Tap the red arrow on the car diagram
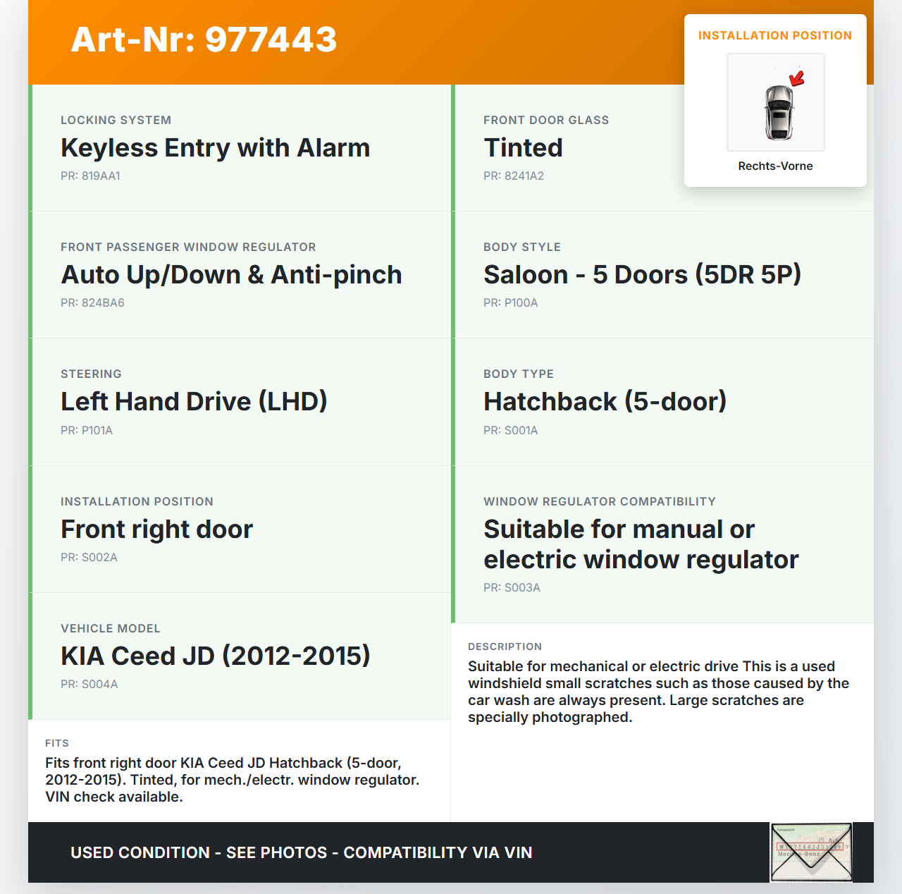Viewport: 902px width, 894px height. (797, 78)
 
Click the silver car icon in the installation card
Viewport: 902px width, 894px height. (778, 111)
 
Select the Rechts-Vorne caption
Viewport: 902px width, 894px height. (775, 166)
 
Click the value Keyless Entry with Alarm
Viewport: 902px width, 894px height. (215, 148)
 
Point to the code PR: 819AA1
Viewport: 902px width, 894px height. (90, 176)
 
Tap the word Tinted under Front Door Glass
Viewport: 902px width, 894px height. (523, 148)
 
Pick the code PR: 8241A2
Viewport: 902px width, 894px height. (514, 176)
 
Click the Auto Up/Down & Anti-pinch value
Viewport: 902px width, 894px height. (231, 275)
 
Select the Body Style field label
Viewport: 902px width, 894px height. (522, 247)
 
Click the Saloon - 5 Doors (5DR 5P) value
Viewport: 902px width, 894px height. (642, 275)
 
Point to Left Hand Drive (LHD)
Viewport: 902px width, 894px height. (194, 402)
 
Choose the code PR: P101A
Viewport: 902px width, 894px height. (87, 431)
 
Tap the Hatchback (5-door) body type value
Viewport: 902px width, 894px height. (605, 402)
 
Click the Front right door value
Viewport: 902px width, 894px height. (156, 529)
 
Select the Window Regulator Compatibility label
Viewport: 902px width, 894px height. (599, 502)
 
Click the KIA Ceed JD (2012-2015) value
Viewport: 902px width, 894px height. (215, 656)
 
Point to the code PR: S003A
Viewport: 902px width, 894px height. (512, 588)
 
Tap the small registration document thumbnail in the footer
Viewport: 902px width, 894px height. (811, 852)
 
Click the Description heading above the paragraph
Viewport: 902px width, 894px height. (505, 647)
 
